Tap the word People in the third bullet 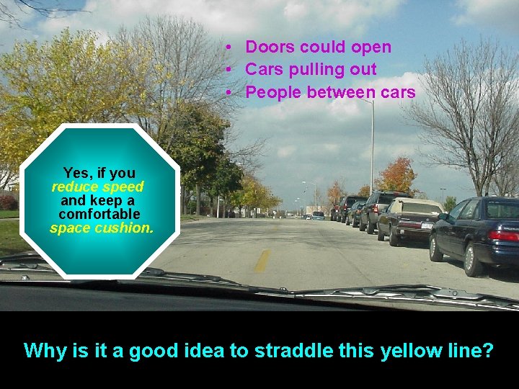(273, 93)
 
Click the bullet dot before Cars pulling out (227, 70)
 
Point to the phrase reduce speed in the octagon (98, 187)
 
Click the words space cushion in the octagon (102, 228)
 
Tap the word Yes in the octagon (76, 173)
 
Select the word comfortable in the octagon (99, 215)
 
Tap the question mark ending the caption (487, 351)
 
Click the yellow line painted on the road (262, 261)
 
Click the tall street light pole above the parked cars (372, 144)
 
